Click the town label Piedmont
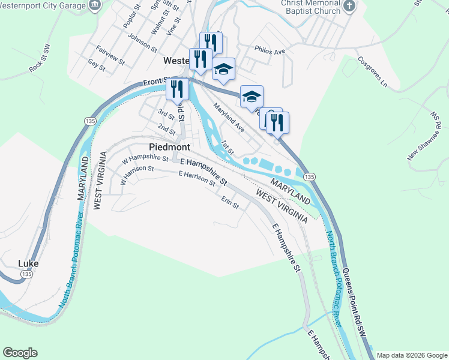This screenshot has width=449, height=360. point(169,147)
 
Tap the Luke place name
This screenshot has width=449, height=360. point(28,263)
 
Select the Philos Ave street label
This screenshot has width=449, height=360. point(270,52)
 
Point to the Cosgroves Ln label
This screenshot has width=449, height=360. point(372,72)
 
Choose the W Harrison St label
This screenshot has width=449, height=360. point(137,175)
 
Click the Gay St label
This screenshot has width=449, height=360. point(96,65)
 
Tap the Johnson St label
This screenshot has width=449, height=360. point(142,44)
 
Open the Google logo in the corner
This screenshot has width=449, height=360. point(20,353)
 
